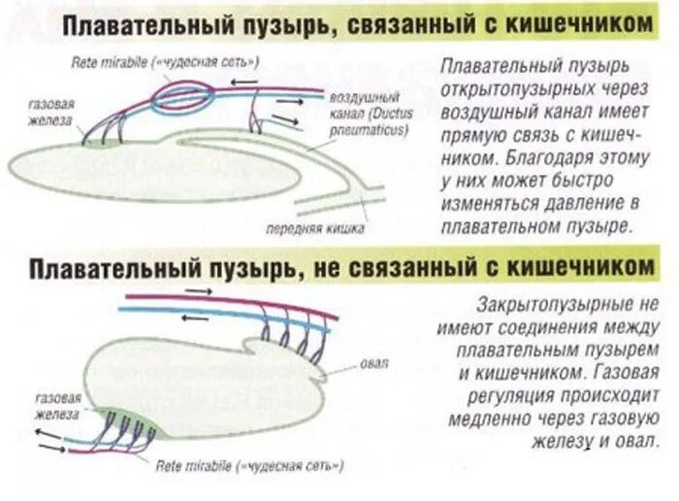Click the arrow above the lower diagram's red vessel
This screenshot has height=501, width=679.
(195, 291)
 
